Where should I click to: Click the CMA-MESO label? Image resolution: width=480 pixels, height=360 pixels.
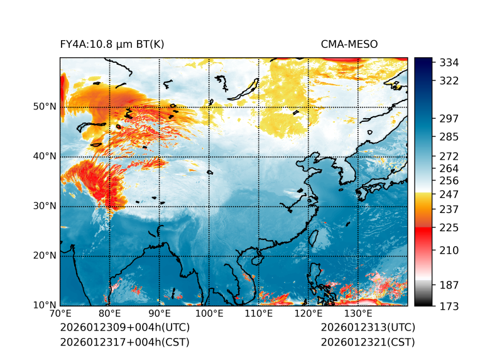(x=349, y=44)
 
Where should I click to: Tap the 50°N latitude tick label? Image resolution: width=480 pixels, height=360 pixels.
(x=44, y=107)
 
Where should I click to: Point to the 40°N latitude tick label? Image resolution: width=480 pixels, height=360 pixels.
(x=44, y=156)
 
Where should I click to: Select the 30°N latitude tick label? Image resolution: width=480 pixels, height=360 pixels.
(x=44, y=206)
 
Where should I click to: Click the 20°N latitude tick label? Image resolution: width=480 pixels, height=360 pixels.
(x=44, y=256)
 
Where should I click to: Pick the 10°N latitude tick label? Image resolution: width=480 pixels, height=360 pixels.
(x=44, y=305)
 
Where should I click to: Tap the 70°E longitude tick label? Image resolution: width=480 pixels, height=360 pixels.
(x=60, y=314)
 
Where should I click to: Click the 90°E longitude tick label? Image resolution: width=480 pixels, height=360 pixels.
(x=160, y=314)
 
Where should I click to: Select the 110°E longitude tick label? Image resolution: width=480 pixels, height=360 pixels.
(x=259, y=314)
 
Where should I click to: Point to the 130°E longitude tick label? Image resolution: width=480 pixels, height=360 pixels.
(x=358, y=314)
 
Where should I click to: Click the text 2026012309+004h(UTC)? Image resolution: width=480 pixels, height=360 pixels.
(x=124, y=327)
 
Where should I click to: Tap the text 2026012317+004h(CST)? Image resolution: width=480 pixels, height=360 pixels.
(x=124, y=342)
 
